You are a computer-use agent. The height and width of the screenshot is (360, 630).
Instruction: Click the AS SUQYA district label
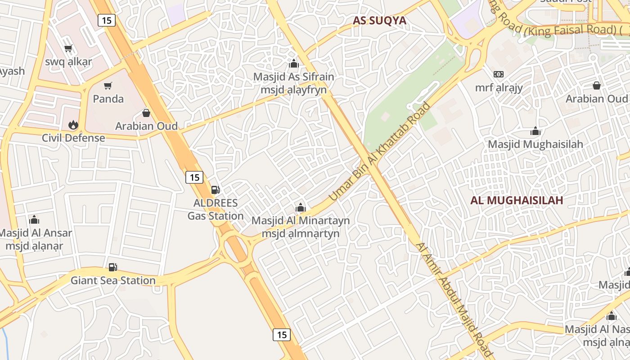coord(379,20)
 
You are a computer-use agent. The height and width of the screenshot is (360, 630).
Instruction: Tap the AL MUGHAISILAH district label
coord(517,200)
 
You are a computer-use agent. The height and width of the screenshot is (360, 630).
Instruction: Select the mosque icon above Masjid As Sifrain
coord(294,63)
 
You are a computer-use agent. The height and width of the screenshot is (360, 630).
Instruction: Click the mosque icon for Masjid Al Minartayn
coord(301,207)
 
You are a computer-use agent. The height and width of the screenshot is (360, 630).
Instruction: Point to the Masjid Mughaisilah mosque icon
coord(535,131)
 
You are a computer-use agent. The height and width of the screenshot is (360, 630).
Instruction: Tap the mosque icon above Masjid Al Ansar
coord(34,220)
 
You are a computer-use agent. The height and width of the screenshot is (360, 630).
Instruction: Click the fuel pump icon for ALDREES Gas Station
coord(216,190)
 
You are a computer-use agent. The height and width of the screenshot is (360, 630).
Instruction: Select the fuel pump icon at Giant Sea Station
coord(113,267)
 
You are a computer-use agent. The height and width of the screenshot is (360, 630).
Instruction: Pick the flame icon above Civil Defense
coord(73,125)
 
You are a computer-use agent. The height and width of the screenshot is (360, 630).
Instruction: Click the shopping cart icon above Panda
coord(108,85)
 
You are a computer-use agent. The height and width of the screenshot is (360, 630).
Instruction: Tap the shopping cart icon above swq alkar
coord(68,49)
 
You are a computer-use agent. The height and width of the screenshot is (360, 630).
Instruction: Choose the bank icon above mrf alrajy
coord(499,74)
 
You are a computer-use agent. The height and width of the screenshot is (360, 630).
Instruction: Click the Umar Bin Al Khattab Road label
coord(380,152)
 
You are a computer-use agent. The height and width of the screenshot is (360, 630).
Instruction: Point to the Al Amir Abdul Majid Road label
coord(454,299)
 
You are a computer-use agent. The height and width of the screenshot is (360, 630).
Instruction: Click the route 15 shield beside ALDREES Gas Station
coord(194,177)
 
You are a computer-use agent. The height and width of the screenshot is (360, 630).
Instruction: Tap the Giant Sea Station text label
coord(113,280)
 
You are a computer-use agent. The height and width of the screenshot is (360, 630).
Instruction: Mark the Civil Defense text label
coord(73,138)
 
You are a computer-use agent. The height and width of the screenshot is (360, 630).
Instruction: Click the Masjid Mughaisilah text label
coord(535,144)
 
